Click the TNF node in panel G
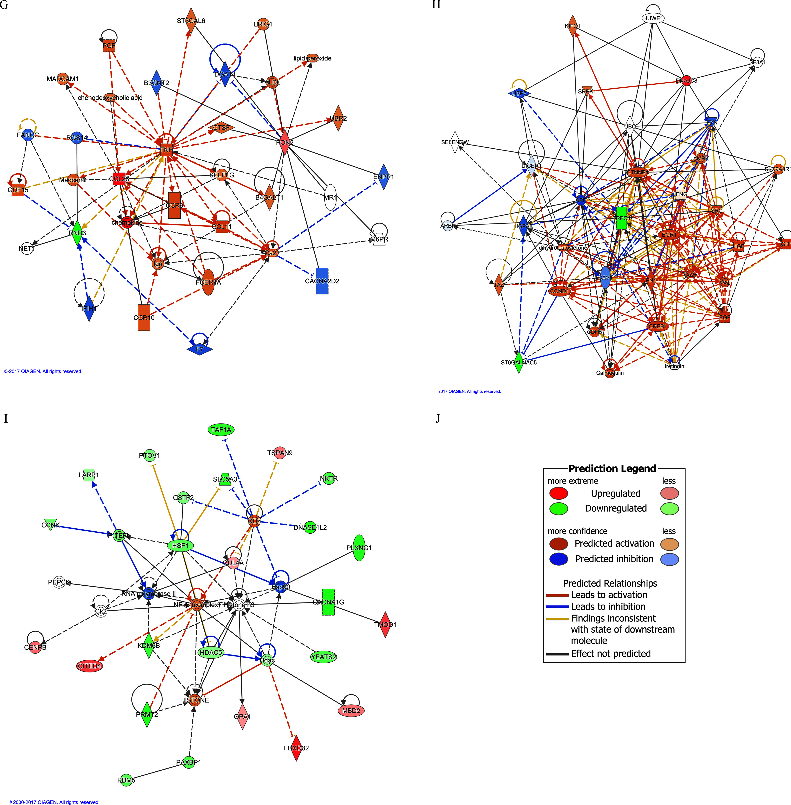(166, 150)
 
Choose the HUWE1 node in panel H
(653, 18)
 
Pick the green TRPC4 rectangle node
(621, 218)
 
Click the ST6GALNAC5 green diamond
(518, 362)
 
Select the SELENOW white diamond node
(455, 142)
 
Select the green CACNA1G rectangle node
(328, 602)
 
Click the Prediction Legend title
(612, 468)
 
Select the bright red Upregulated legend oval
(558, 494)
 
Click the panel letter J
(437, 418)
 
